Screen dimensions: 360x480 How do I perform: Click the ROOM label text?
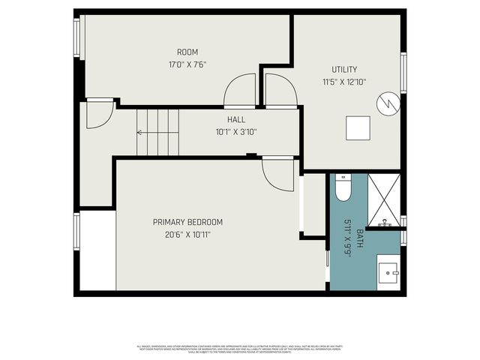187,52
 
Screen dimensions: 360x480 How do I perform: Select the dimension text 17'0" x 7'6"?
187,64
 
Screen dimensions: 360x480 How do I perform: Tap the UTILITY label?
344,70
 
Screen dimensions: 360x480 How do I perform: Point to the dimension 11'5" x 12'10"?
344,82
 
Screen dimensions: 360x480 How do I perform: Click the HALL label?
236,119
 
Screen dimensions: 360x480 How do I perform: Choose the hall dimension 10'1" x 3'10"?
236,132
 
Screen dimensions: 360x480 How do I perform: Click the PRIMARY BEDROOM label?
187,222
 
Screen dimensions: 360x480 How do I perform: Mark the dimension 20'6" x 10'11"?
187,235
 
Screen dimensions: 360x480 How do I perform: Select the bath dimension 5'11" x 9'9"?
348,238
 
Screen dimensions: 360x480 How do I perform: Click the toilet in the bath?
343,189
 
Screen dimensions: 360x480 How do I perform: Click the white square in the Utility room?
358,128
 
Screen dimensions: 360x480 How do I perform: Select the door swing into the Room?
241,91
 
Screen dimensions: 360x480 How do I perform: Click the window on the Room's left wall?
76,37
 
